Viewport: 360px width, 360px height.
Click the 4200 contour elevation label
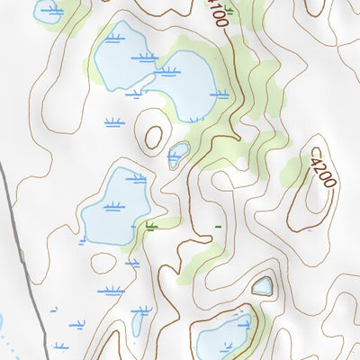click(x=322, y=172)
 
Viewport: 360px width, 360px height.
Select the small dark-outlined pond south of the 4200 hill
click(x=262, y=286)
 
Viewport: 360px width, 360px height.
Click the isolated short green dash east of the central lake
click(x=217, y=227)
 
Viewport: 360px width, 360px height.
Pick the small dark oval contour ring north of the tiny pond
click(x=154, y=138)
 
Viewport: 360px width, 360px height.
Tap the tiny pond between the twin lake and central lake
click(x=178, y=154)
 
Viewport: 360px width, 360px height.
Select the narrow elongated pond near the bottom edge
click(x=138, y=321)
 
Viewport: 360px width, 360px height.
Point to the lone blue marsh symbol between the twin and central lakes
click(x=113, y=121)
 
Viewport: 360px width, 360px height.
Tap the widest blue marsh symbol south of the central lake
click(x=111, y=291)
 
